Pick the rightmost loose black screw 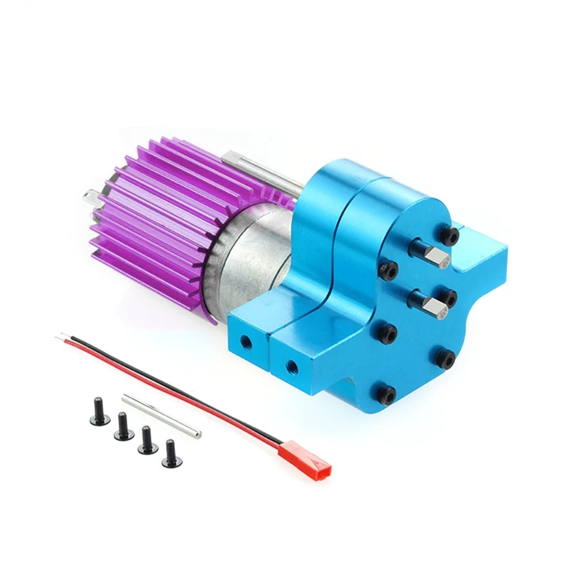click(171, 454)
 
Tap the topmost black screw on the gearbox click(448, 234)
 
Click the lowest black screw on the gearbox click(386, 393)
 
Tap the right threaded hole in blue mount click(291, 368)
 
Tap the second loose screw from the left click(124, 427)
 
